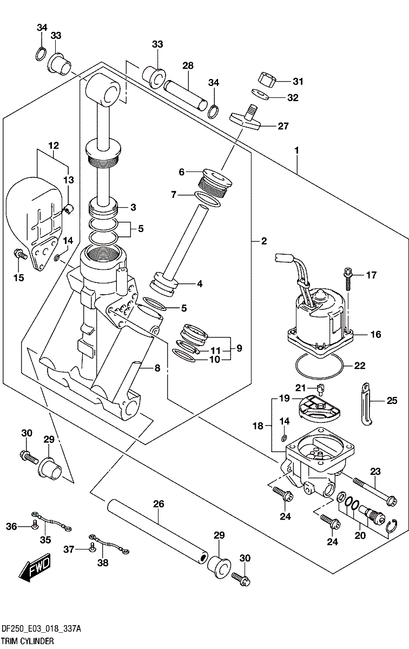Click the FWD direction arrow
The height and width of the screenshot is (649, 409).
click(x=34, y=569)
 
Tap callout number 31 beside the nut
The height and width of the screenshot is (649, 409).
click(x=298, y=82)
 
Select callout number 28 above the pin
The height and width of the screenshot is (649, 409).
click(x=188, y=66)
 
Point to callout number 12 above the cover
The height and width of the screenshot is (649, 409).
click(x=53, y=145)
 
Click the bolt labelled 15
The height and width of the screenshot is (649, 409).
click(x=20, y=254)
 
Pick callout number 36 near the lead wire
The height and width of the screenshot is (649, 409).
click(x=12, y=526)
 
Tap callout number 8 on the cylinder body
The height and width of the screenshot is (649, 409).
click(x=157, y=368)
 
